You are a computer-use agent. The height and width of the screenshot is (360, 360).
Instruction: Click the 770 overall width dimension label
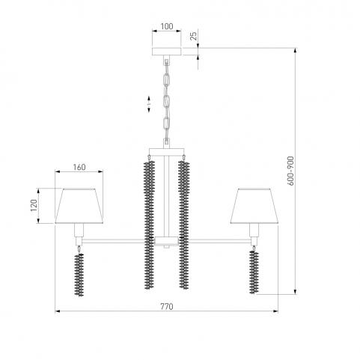click(x=167, y=306)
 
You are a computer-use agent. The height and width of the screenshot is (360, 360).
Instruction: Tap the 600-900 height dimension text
click(x=290, y=171)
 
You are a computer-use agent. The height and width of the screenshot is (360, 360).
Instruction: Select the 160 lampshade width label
click(x=79, y=167)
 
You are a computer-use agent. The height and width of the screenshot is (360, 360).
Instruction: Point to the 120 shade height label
click(x=34, y=205)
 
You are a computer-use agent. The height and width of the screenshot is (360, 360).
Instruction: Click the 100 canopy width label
click(x=167, y=26)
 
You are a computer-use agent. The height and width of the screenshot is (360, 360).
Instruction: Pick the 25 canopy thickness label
click(x=193, y=36)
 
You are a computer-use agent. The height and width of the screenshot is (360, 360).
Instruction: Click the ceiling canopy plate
click(x=167, y=52)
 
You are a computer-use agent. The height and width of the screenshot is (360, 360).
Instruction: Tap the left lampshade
click(x=79, y=206)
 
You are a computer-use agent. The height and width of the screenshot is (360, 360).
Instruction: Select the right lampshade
click(x=254, y=206)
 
